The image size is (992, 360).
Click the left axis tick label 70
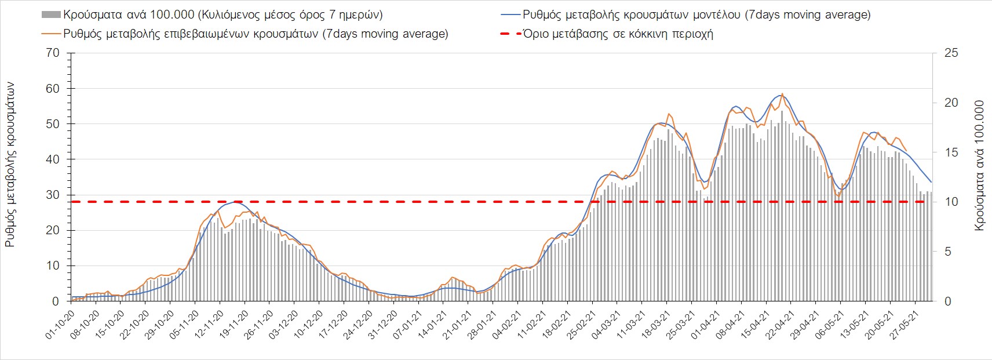tap(53, 53)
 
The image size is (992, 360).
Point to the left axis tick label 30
tap(53, 195)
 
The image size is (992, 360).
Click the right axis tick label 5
tap(948, 252)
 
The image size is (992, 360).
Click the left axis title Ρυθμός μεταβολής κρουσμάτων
tap(10, 165)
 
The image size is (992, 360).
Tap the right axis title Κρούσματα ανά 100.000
tap(979, 166)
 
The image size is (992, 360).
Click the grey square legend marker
tap(51, 14)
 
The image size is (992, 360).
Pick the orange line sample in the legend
tap(51, 34)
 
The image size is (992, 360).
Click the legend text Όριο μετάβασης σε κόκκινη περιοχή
tap(618, 34)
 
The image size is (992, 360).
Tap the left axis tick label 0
tap(56, 301)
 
